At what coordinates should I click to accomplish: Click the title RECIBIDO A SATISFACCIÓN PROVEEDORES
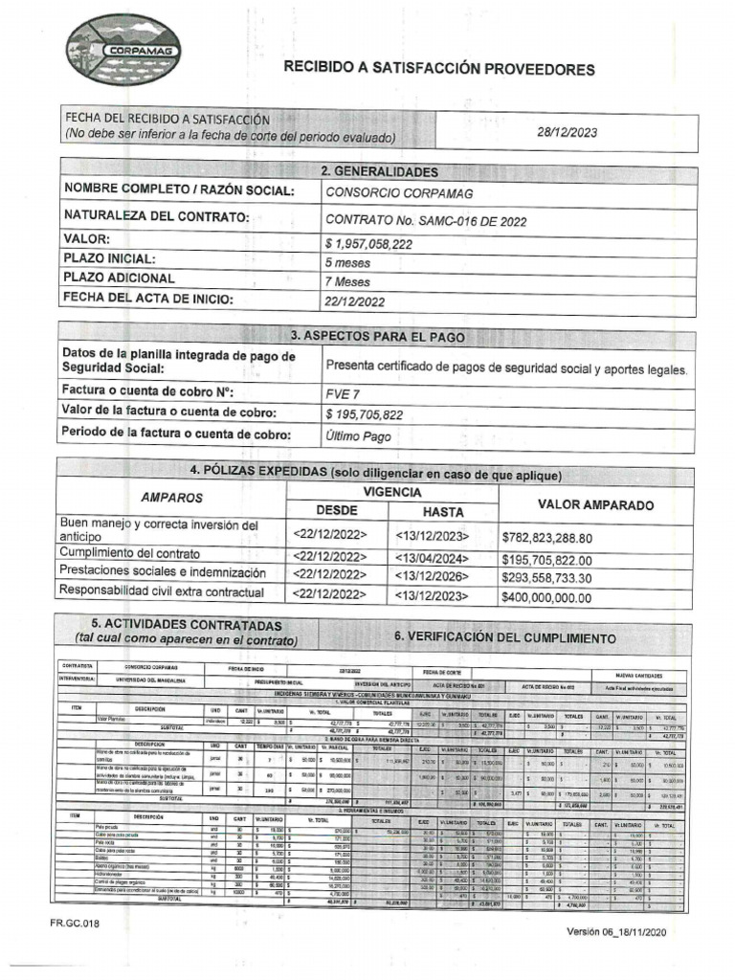coord(438,69)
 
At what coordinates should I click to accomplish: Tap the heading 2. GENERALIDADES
coord(380,171)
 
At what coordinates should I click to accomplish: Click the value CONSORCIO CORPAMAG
coord(385,192)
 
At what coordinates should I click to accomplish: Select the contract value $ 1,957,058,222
coord(368,244)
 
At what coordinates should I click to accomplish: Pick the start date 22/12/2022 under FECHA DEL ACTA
coord(355,302)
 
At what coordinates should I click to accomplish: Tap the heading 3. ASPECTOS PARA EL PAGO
coord(377,337)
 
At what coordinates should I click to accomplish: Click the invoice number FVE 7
coord(343,392)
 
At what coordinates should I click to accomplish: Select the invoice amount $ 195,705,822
coord(364,413)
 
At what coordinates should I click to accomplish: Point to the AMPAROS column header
coord(171,499)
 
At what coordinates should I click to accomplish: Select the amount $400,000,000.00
coord(546,596)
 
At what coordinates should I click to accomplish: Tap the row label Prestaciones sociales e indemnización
coord(163,572)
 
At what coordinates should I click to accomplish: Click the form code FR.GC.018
coord(76,924)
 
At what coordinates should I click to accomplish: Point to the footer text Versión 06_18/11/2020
coord(627,931)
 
